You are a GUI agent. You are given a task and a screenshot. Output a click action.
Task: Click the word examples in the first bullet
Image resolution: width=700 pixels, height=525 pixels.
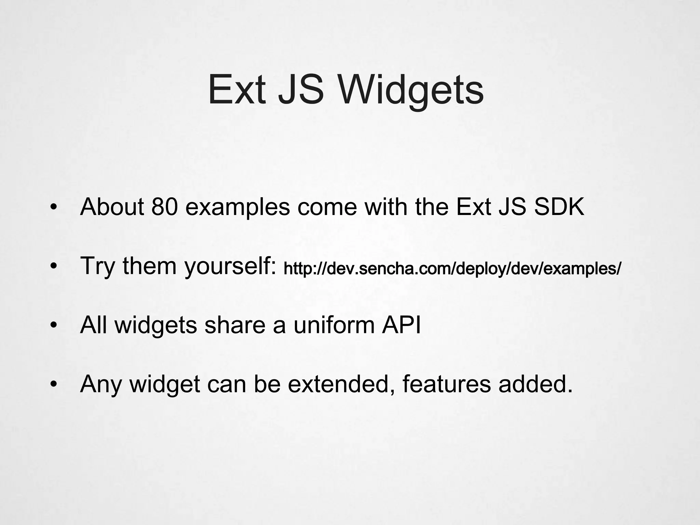[x=237, y=208]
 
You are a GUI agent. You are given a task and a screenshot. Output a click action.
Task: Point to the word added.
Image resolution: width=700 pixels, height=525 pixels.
[x=535, y=384]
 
